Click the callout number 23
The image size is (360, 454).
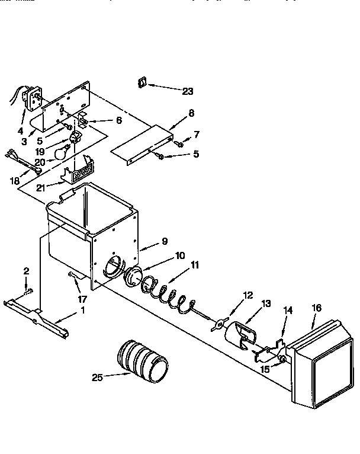187,91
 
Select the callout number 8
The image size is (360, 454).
191,113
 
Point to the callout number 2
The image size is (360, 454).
25,271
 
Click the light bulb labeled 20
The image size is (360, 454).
60,153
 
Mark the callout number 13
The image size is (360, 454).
266,303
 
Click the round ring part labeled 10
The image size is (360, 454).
134,276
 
